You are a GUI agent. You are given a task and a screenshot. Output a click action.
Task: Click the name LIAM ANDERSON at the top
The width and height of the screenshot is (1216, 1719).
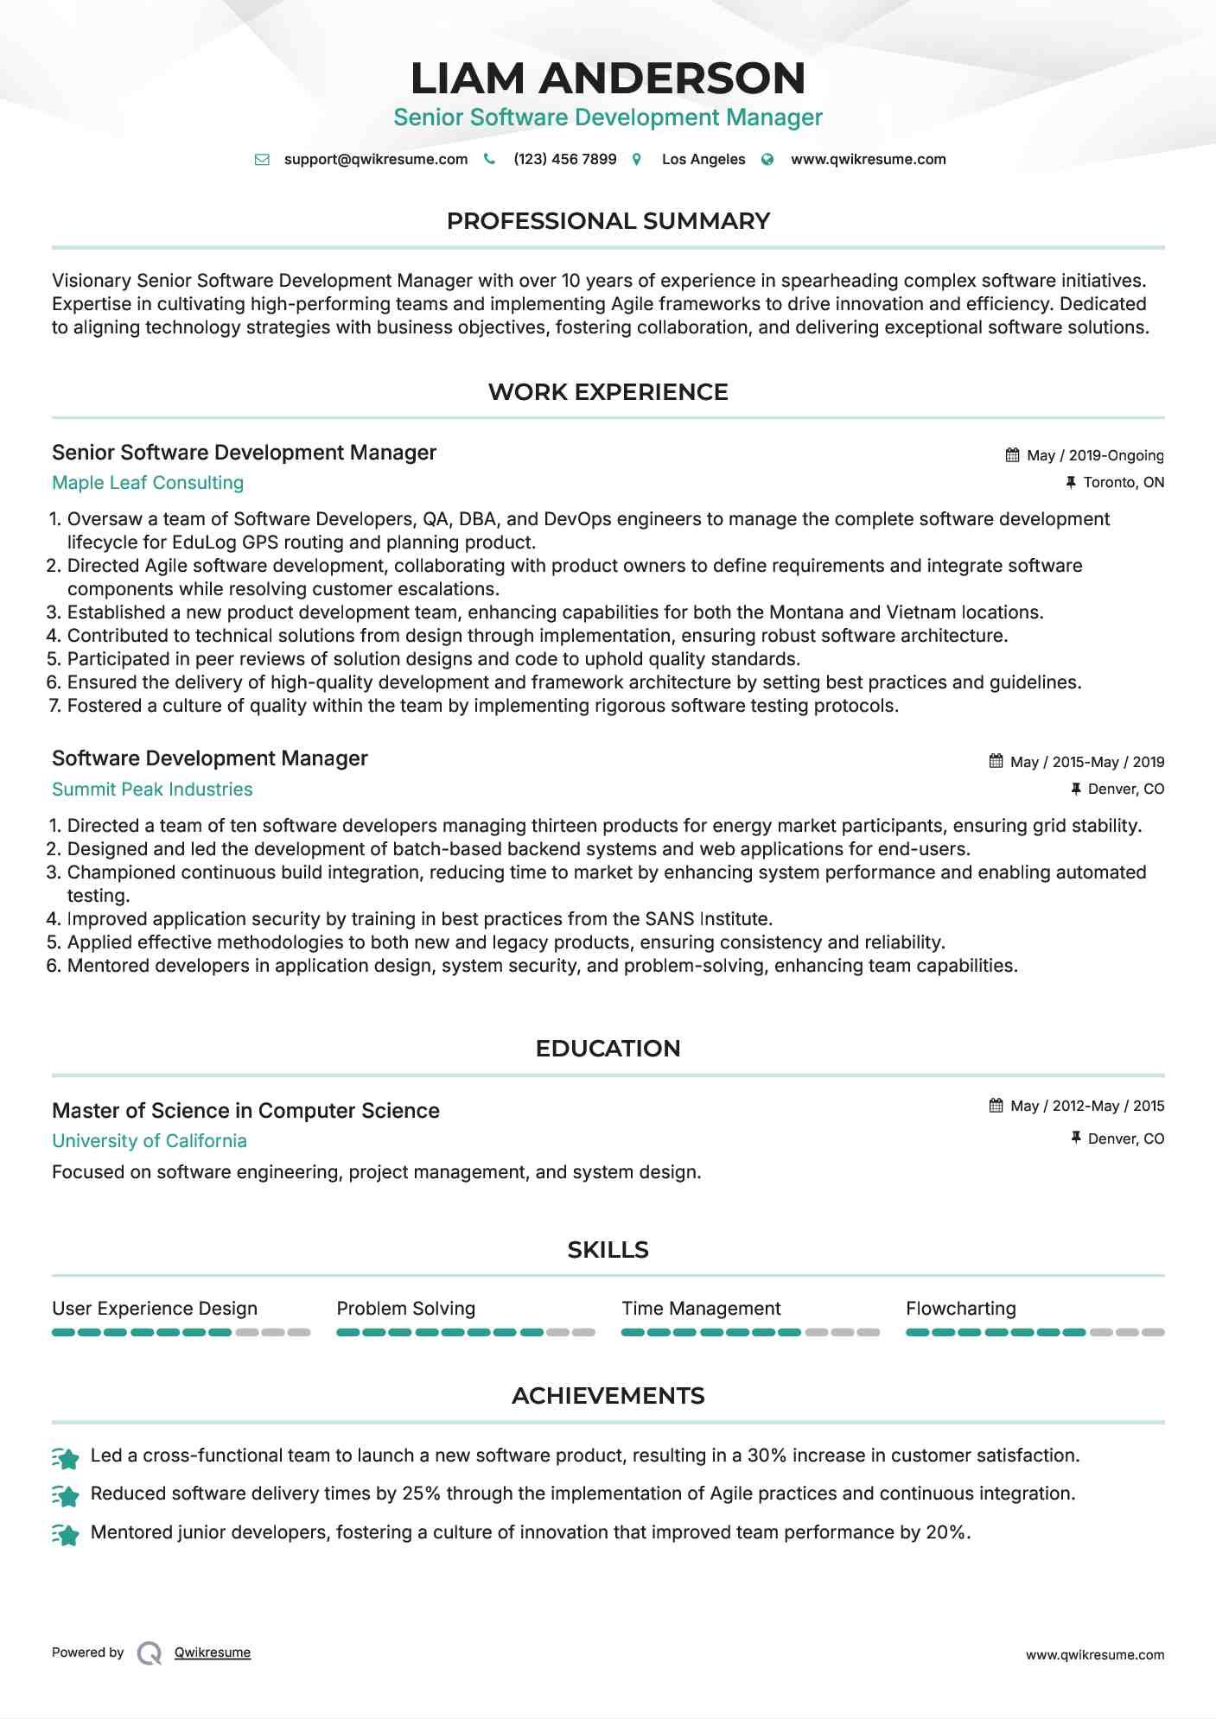[x=608, y=79]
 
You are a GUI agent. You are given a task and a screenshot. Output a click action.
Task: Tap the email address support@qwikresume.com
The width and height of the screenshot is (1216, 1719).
[x=375, y=160]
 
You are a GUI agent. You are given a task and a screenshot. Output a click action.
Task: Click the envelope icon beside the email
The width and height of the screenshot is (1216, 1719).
[x=262, y=160]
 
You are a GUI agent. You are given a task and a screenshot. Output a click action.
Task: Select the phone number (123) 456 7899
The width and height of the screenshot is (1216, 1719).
[x=564, y=160]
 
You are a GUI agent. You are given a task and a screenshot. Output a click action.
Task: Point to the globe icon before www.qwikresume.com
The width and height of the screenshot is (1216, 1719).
[x=767, y=160]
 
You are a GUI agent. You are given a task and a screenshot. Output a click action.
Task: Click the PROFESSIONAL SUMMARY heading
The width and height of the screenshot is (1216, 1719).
[x=608, y=221]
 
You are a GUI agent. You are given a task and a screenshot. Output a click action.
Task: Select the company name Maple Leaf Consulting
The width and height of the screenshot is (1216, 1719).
[x=148, y=483]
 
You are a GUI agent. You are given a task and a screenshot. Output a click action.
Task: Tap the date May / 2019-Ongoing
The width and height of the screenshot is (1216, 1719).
[x=1094, y=455]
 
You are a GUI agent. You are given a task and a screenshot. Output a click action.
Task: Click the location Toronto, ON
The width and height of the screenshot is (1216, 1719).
[x=1123, y=482]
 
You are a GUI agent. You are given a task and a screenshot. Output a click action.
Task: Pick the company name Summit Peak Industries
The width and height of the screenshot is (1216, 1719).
[x=152, y=790]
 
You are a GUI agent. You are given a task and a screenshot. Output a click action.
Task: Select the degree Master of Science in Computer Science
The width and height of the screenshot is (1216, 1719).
[x=245, y=1111]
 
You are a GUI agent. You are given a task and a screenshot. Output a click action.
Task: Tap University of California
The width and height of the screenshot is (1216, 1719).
[x=150, y=1141]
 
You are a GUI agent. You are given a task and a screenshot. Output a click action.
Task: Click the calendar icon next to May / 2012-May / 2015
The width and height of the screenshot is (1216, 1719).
[x=996, y=1106]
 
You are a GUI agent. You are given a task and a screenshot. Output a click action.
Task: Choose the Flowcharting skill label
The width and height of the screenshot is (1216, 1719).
[x=960, y=1309]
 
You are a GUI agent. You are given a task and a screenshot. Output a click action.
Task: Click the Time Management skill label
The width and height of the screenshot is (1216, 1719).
[x=701, y=1309]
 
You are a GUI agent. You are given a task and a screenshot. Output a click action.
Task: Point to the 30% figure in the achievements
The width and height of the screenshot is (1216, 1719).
[x=766, y=1456]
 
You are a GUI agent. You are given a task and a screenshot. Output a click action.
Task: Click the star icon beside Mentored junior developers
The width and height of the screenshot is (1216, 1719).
[x=66, y=1535]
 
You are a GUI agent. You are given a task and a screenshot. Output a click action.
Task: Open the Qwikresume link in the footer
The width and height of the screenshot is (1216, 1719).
[x=213, y=1652]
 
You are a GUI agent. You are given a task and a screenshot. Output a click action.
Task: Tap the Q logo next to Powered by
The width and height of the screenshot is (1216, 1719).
[x=150, y=1653]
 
